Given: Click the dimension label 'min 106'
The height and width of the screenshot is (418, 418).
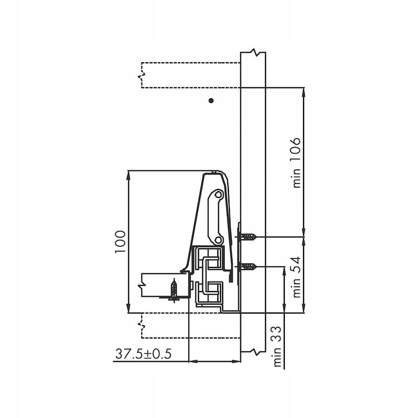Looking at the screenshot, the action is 296,163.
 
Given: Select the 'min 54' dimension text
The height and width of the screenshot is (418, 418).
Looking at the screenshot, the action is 296,277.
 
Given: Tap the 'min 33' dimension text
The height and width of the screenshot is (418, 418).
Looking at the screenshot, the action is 277,346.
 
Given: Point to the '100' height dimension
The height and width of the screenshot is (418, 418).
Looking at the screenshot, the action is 120,242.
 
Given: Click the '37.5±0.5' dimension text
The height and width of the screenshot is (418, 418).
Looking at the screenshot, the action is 143,354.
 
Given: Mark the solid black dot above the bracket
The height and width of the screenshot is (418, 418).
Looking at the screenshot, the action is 211,100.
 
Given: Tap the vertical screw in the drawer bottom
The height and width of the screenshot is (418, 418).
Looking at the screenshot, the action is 174,291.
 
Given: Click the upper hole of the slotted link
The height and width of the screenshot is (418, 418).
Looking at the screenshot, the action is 219,194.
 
